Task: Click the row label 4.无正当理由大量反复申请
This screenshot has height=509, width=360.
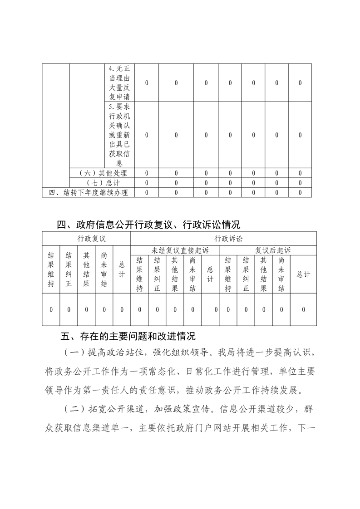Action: (119, 83)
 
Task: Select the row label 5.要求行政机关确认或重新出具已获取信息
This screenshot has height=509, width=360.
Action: (119, 135)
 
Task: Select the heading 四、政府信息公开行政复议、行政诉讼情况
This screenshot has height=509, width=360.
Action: (148, 224)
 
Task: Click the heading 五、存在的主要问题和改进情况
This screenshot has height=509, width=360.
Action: (128, 337)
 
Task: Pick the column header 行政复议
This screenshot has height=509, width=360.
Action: (86, 239)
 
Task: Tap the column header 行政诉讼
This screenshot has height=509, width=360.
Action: (223, 239)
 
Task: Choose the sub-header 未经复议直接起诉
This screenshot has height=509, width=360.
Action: (174, 250)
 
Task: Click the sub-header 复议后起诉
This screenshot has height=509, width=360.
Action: (267, 250)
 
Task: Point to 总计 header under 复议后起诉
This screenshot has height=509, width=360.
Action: (303, 274)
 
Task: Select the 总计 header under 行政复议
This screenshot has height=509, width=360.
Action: (122, 269)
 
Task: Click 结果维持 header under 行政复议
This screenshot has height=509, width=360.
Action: (51, 269)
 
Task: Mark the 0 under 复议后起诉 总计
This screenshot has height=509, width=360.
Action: (303, 309)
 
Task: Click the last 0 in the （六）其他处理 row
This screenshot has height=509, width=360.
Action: (300, 173)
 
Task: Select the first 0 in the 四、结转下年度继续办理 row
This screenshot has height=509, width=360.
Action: (147, 192)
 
